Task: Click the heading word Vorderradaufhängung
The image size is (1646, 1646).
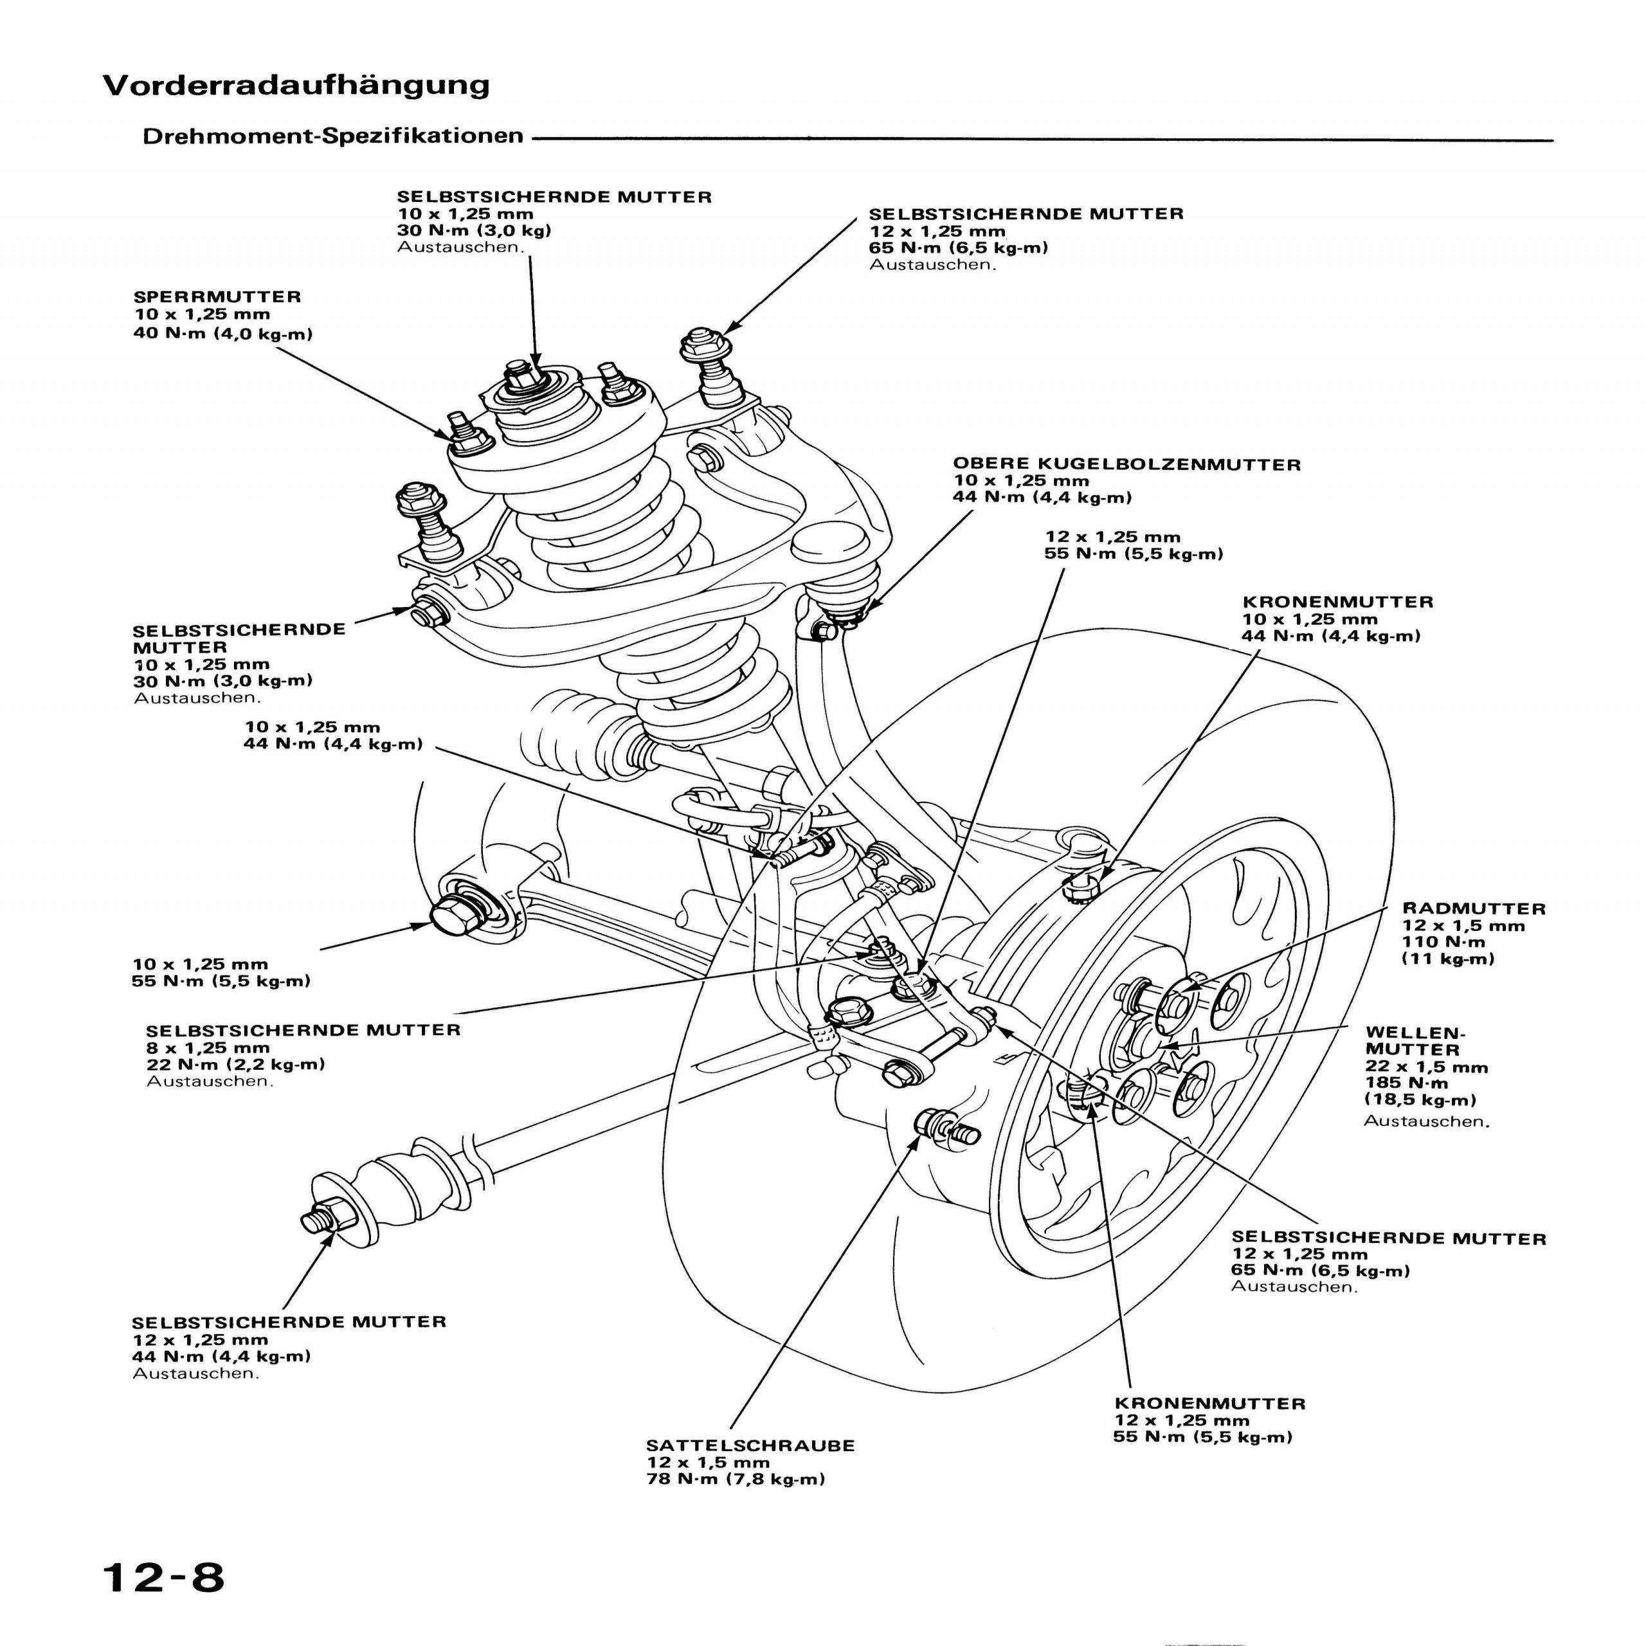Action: [296, 86]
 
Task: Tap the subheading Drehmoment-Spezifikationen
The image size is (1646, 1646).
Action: [332, 136]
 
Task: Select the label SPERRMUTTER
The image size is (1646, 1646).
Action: [217, 297]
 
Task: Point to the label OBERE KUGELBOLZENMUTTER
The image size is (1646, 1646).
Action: [1126, 464]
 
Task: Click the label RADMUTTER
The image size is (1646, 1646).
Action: [1473, 909]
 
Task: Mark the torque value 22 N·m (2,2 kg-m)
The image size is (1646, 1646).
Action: [235, 1064]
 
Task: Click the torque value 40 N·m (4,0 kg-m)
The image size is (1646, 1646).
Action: [222, 333]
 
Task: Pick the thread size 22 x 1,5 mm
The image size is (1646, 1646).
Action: [1426, 1067]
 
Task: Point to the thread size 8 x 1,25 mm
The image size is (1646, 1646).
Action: [207, 1048]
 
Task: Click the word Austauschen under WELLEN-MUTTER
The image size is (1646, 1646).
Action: [1426, 1121]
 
